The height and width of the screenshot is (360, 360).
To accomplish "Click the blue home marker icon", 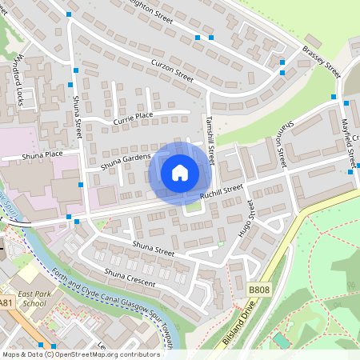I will pyautogui.click(x=180, y=172).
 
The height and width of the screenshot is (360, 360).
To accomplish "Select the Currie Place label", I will pyautogui.click(x=132, y=117).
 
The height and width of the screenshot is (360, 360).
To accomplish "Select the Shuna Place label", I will pyautogui.click(x=42, y=154).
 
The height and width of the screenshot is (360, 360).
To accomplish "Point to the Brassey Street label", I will pyautogui.click(x=322, y=58).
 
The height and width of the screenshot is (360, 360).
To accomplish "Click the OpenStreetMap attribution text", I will pyautogui.click(x=81, y=354).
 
